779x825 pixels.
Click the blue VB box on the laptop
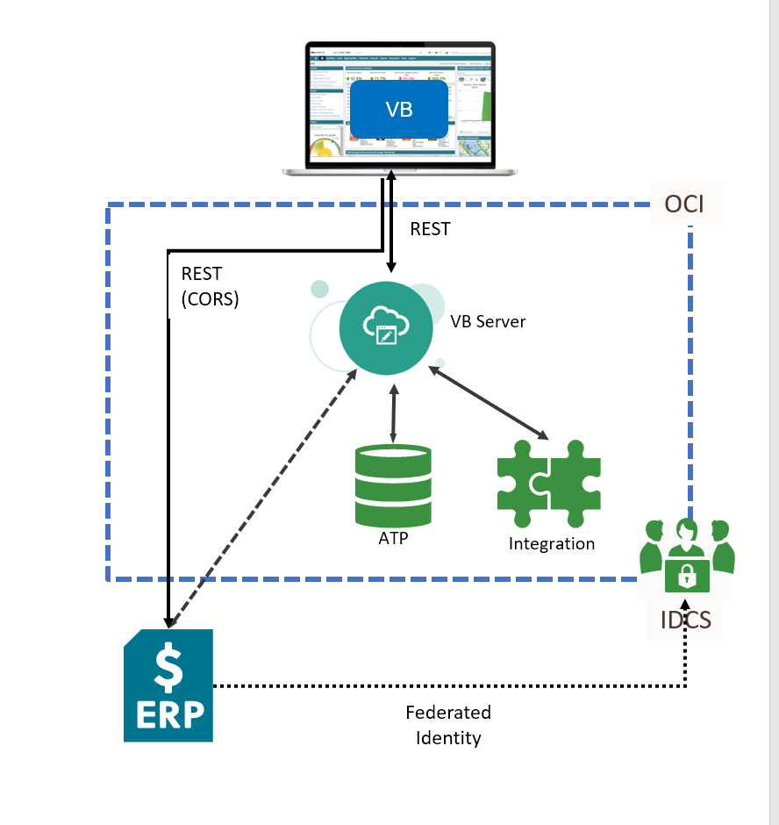399,111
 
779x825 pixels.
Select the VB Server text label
488,321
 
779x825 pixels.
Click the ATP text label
393,538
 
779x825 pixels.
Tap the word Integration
551,544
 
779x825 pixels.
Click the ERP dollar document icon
168,685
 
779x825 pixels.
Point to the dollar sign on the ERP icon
168,665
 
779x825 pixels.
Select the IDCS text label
686,621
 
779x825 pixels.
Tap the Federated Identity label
448,725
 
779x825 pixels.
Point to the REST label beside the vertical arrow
430,229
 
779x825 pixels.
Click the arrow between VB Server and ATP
393,411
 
